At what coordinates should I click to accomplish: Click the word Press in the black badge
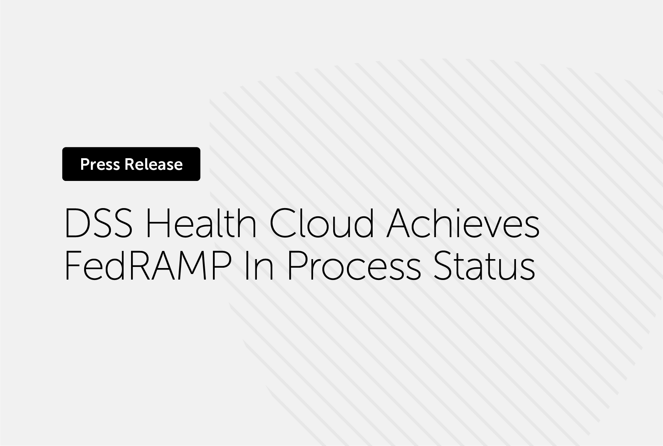tap(100, 164)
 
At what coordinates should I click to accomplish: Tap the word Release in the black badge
tap(153, 164)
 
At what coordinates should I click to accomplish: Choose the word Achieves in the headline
tap(463, 224)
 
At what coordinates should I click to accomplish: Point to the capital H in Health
tap(158, 224)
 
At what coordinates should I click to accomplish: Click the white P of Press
tap(85, 164)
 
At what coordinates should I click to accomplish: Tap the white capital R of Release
tap(129, 164)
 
